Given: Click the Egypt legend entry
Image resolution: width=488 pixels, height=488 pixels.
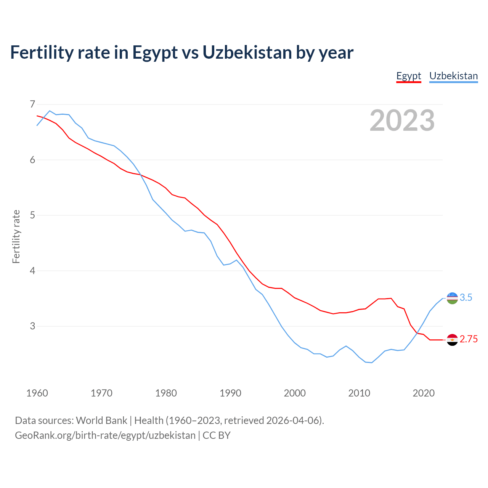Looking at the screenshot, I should click(x=408, y=76).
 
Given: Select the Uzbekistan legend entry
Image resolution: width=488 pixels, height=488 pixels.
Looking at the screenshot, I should click(x=453, y=76).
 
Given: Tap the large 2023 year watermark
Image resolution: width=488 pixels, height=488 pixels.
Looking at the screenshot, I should click(x=402, y=120).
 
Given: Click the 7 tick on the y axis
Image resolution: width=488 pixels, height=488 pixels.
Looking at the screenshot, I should click(x=32, y=104).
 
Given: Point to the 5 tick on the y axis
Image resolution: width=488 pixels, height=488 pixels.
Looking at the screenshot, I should click(x=32, y=215).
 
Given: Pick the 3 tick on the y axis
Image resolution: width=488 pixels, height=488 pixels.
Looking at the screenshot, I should click(x=32, y=326).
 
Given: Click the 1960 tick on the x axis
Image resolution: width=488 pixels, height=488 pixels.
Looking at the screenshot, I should click(x=37, y=393).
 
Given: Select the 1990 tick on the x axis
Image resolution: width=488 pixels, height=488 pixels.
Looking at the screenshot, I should click(x=230, y=393).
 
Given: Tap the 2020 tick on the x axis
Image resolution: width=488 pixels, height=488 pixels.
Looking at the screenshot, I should click(x=424, y=393).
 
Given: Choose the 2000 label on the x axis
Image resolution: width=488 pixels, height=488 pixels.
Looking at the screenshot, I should click(x=295, y=393).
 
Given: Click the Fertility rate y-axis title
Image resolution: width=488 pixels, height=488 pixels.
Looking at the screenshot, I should click(x=16, y=236).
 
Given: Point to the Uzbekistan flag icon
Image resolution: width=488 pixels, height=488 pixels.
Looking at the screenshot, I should click(x=452, y=298).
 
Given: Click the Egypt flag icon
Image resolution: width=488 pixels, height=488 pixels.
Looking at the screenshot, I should click(x=452, y=340).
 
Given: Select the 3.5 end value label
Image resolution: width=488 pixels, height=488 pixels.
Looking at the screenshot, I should click(x=466, y=298).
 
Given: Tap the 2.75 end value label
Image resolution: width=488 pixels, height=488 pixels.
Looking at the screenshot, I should click(x=469, y=339).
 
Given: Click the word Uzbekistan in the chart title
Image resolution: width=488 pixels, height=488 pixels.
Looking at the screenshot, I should click(x=247, y=52).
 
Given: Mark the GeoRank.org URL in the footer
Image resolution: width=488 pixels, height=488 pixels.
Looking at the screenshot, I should click(x=105, y=435).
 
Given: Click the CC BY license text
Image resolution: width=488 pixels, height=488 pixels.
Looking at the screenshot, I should click(x=217, y=435).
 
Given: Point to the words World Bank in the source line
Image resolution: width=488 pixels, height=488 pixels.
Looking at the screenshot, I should click(x=101, y=421).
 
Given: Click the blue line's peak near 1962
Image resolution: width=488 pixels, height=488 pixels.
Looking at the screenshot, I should click(x=50, y=111).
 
